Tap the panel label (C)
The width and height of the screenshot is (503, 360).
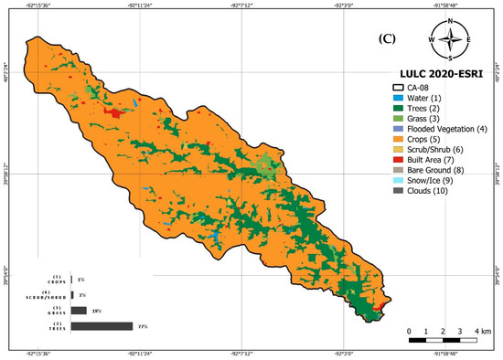(x=389, y=41)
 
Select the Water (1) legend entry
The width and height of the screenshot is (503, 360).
(x=426, y=98)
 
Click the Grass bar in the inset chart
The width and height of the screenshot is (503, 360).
(x=78, y=311)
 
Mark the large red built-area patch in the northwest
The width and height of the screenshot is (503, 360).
(x=113, y=112)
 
